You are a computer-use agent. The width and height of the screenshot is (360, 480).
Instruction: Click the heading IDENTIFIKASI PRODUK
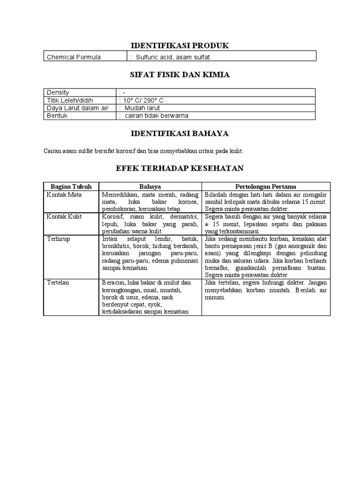[180, 45]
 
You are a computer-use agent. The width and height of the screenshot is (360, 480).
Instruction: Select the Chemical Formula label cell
[74, 57]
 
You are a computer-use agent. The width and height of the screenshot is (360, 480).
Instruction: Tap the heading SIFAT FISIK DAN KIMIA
[180, 75]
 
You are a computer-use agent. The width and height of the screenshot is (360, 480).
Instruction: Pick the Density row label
[58, 93]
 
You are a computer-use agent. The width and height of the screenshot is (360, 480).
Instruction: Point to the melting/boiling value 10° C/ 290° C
[142, 100]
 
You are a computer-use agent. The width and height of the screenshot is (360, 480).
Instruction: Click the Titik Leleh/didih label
[69, 100]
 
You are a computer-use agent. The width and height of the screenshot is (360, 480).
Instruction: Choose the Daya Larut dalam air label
[77, 108]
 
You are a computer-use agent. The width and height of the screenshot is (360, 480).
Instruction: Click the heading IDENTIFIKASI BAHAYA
[180, 134]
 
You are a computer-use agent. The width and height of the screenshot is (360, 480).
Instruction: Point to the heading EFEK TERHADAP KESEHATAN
[180, 168]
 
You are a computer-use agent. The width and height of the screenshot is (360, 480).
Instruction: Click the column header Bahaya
[150, 187]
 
